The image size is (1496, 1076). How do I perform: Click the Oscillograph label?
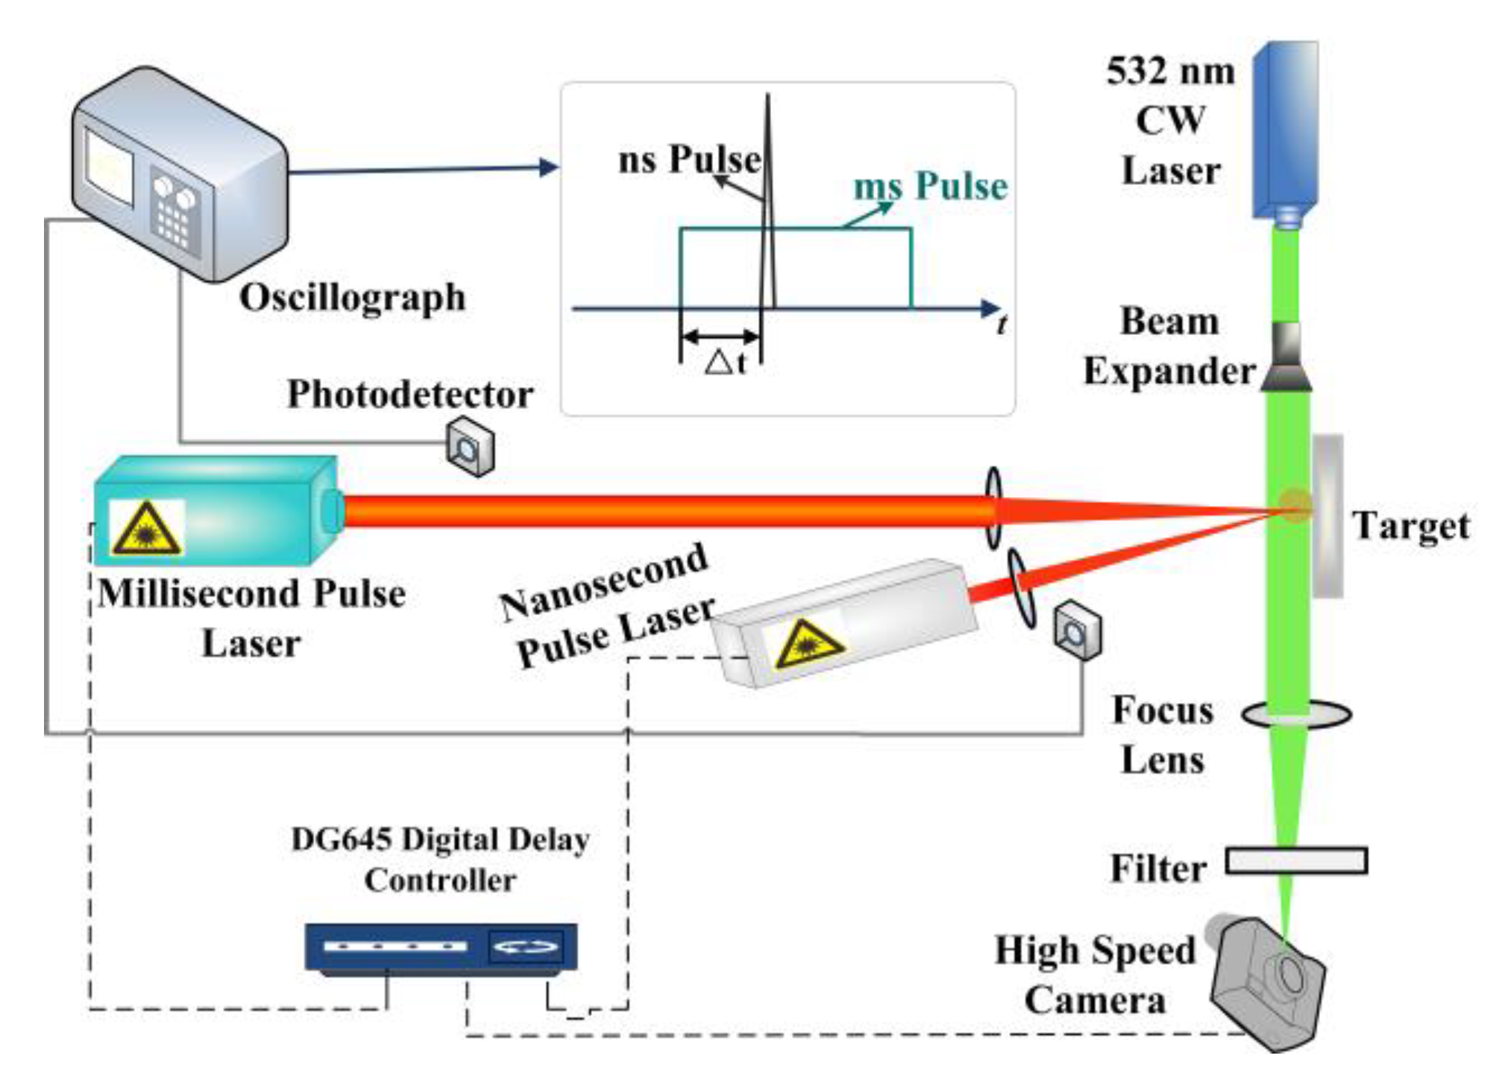click(x=352, y=298)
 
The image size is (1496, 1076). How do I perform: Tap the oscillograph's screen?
click(x=109, y=169)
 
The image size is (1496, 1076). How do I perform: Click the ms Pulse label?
click(x=930, y=186)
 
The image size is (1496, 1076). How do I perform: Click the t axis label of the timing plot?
click(x=1002, y=325)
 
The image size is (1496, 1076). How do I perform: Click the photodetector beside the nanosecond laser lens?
click(x=1076, y=631)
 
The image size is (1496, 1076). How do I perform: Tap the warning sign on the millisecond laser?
click(x=146, y=528)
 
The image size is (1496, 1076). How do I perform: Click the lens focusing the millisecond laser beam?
click(x=993, y=508)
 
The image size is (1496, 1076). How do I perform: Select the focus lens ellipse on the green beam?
click(x=1296, y=714)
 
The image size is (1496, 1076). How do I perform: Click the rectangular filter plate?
click(x=1296, y=860)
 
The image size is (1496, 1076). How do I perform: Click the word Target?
click(x=1410, y=526)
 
